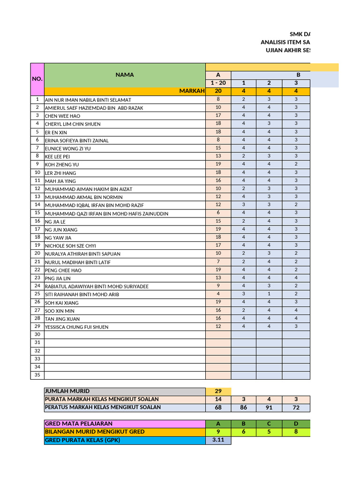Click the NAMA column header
click(x=124, y=75)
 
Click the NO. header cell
click(x=37, y=79)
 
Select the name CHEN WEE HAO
click(x=62, y=116)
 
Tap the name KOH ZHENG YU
click(x=62, y=165)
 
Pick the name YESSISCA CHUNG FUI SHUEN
click(x=76, y=327)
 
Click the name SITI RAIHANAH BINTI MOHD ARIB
click(x=82, y=294)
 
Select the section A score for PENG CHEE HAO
click(x=218, y=270)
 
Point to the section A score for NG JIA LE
click(x=218, y=221)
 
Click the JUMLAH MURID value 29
click(x=218, y=391)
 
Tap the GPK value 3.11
click(x=218, y=440)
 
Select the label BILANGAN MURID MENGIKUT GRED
click(x=94, y=432)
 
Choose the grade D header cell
click(x=296, y=424)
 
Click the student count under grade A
click(x=218, y=432)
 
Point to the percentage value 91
click(x=269, y=407)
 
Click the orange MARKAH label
click(x=192, y=91)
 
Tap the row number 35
click(x=37, y=375)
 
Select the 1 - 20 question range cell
click(x=218, y=83)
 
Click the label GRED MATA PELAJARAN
click(x=78, y=424)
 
